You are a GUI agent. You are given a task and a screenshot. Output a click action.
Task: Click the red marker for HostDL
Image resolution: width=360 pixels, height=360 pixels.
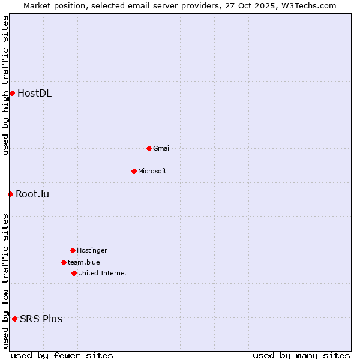coord(12,93)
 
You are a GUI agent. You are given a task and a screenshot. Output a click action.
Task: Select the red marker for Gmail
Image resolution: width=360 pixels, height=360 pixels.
coord(149,148)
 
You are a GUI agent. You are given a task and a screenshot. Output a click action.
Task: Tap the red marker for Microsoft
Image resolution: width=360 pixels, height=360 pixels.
coord(134,171)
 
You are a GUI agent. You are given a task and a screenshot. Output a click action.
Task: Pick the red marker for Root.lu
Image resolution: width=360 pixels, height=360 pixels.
coord(10,194)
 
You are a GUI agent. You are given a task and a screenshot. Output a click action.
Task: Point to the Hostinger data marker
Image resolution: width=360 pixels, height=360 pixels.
coord(73,250)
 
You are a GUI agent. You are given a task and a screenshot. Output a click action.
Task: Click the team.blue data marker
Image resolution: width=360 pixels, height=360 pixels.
coord(64,262)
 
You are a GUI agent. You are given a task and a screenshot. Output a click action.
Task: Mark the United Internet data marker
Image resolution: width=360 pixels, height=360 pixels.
coord(74,273)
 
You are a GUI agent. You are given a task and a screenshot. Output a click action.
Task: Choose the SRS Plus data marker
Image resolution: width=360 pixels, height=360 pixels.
coord(14,319)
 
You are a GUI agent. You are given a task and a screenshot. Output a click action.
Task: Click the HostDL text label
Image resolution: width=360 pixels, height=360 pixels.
coord(34,93)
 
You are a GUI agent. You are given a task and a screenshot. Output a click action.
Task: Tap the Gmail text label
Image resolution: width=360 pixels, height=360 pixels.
coord(162,148)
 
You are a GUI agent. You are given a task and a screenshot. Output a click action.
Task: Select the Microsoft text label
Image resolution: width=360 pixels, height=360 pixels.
coord(152,171)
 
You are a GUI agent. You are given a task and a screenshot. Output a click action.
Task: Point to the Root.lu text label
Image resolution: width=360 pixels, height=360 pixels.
coord(32,194)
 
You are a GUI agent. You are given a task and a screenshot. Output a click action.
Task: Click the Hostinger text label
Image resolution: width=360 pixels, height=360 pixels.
coord(92,250)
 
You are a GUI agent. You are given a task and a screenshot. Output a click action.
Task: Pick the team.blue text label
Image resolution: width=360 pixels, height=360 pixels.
coord(84,262)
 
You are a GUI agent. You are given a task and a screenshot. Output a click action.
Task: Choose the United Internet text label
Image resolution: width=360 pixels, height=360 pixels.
coord(103,273)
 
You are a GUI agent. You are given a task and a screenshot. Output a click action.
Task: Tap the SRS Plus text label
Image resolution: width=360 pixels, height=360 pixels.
coord(41,319)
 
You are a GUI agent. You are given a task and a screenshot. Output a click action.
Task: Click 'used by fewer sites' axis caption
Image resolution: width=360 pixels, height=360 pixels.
coord(62,355)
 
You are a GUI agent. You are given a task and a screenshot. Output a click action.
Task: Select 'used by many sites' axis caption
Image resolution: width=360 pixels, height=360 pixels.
coord(301,355)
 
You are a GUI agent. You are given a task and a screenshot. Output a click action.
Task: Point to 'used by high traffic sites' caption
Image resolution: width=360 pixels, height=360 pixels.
coord(5,85)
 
